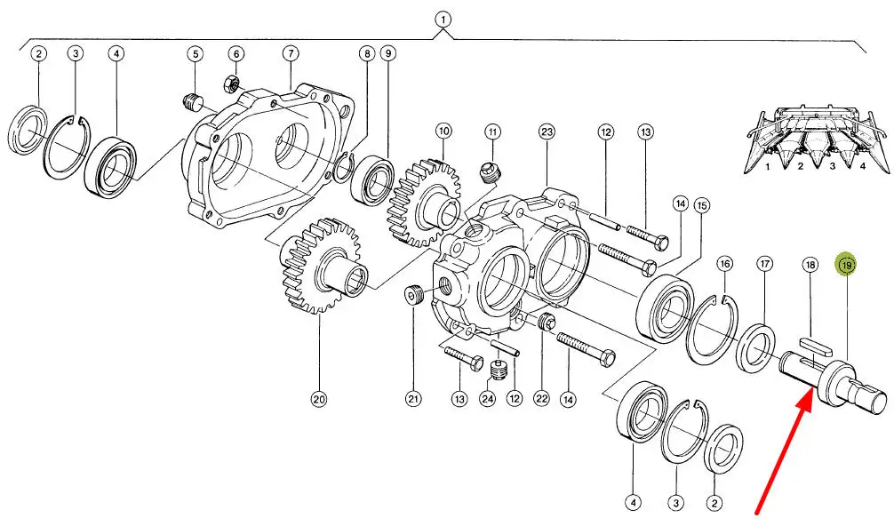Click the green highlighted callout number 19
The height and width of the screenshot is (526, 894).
pyautogui.click(x=846, y=265)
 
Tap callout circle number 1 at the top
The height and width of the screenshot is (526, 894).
pyautogui.click(x=443, y=20)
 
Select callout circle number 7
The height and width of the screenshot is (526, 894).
pyautogui.click(x=291, y=54)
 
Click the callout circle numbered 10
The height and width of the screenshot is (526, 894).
pyautogui.click(x=443, y=131)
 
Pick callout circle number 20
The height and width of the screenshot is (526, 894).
pyautogui.click(x=319, y=399)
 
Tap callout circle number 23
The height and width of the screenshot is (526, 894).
pyautogui.click(x=547, y=132)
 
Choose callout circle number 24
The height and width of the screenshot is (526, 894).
pyautogui.click(x=488, y=399)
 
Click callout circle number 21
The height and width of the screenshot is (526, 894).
pyautogui.click(x=413, y=399)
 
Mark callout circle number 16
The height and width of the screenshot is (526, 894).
pyautogui.click(x=724, y=264)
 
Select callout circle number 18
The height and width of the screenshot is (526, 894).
pyautogui.click(x=810, y=265)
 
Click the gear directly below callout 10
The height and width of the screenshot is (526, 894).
pyautogui.click(x=425, y=203)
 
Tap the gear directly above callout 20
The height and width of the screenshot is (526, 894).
pyautogui.click(x=321, y=267)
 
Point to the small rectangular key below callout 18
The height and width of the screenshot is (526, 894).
pyautogui.click(x=815, y=344)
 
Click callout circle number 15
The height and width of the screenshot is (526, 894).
pyautogui.click(x=702, y=205)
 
